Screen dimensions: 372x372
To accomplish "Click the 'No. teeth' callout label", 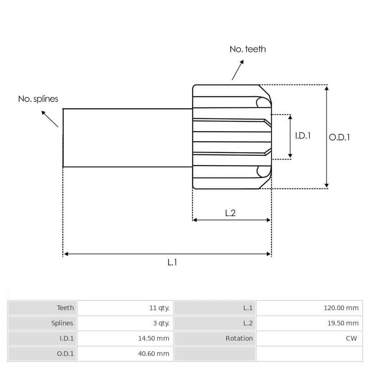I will (247, 49).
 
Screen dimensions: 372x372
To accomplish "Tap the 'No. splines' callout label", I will (38, 99).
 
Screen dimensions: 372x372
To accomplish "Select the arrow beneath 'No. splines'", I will (50, 119).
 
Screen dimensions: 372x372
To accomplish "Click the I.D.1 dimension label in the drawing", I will (303, 136).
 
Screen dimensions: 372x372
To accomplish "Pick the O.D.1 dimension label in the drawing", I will (339, 137).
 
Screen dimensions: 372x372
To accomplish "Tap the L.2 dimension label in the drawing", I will (230, 213).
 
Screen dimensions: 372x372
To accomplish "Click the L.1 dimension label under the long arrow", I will (172, 262).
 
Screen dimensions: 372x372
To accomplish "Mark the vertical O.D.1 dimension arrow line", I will (327, 137).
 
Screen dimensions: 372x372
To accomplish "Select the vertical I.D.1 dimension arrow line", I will (290, 136).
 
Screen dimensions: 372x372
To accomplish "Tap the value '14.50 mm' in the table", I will (153, 339).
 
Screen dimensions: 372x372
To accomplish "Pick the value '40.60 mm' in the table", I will (153, 354).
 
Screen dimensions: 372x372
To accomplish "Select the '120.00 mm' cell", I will (341, 308).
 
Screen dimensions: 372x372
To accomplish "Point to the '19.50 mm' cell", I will (343, 323).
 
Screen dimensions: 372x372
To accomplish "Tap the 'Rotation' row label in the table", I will (239, 339).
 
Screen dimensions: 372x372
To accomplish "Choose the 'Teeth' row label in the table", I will (65, 308).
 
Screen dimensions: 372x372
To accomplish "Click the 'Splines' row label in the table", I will (62, 323).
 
